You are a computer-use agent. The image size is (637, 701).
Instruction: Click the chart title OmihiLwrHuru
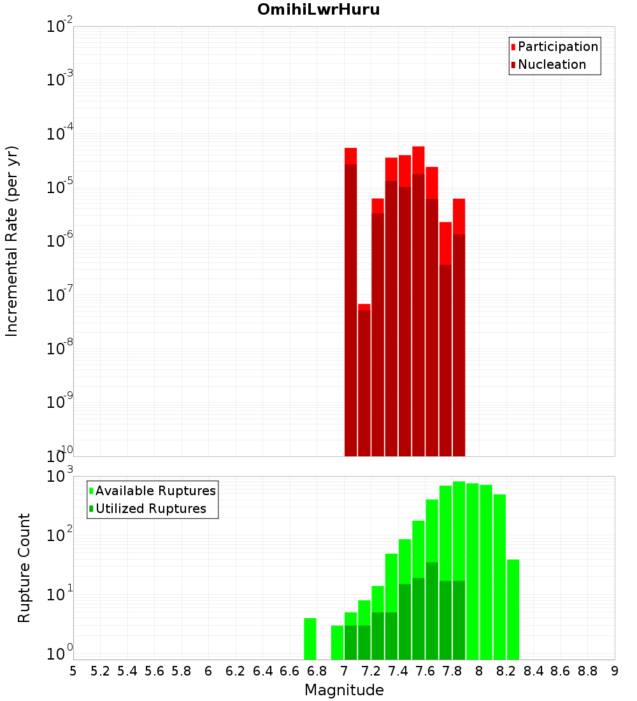(318, 10)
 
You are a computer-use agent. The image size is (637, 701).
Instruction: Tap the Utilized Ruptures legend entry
(150, 509)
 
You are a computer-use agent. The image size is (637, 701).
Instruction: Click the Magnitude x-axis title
(344, 690)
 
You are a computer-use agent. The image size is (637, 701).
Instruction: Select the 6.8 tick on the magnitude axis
(317, 671)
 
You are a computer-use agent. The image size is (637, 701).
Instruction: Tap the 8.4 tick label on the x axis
(534, 671)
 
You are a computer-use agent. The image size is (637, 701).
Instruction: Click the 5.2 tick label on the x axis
(101, 671)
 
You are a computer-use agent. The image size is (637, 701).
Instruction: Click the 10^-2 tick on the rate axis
(60, 27)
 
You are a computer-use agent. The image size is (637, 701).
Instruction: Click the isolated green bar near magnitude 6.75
(310, 639)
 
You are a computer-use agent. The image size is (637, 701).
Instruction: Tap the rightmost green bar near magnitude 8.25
(513, 609)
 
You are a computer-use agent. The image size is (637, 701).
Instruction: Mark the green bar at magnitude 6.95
(337, 642)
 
